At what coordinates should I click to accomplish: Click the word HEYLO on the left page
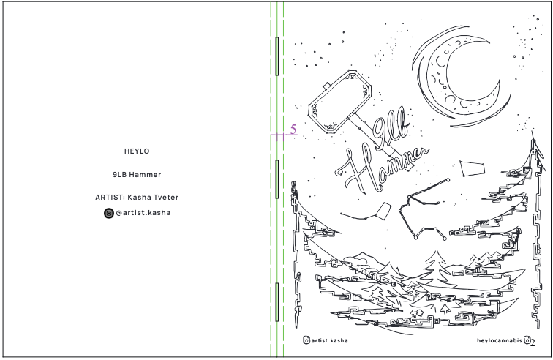tap(137, 151)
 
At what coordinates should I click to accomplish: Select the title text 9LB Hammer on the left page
tap(137, 175)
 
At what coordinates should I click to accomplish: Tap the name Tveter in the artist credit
tap(163, 198)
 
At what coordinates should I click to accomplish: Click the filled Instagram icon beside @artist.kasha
tap(108, 214)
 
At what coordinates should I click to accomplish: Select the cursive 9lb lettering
tap(390, 135)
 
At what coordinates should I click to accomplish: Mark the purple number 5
tap(293, 130)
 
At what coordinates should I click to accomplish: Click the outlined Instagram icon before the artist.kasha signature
tap(306, 341)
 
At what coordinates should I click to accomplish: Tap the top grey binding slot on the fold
tap(276, 56)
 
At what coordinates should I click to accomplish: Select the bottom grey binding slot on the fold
tap(276, 303)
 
